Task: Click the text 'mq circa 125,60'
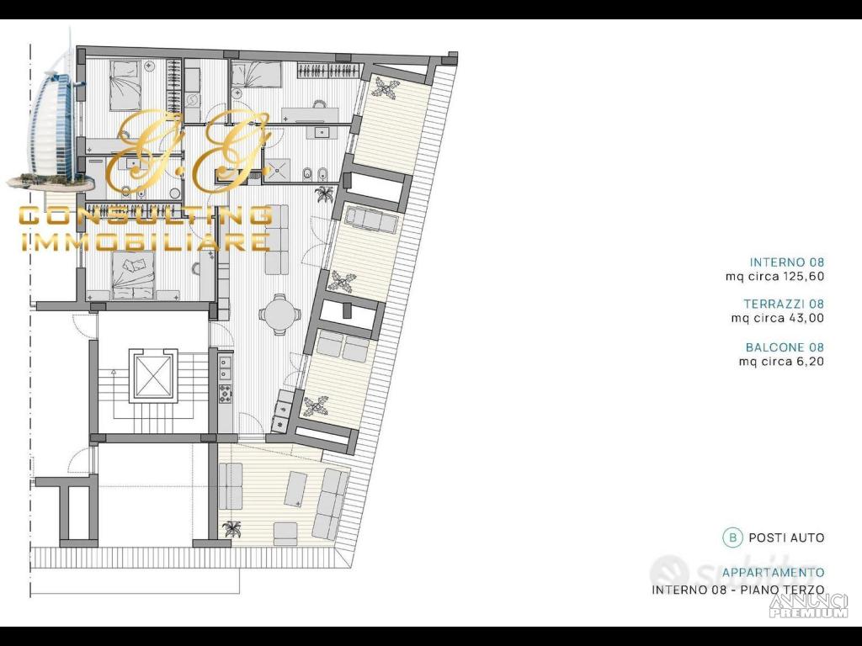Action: (774, 276)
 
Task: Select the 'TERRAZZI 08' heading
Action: (784, 304)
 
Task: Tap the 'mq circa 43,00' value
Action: (777, 318)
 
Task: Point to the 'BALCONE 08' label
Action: (785, 347)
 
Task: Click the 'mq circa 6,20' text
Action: (781, 362)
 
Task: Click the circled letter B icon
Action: (732, 537)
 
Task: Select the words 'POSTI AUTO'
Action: (787, 537)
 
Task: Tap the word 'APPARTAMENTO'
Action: (773, 572)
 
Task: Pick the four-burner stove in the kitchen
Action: (226, 394)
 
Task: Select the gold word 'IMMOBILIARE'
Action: (145, 242)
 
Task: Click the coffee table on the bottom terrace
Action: (297, 489)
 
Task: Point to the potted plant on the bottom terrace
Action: (231, 529)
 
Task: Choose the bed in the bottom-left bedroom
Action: (133, 276)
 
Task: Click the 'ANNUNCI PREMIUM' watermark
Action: (808, 606)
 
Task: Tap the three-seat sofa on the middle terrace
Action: (371, 221)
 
